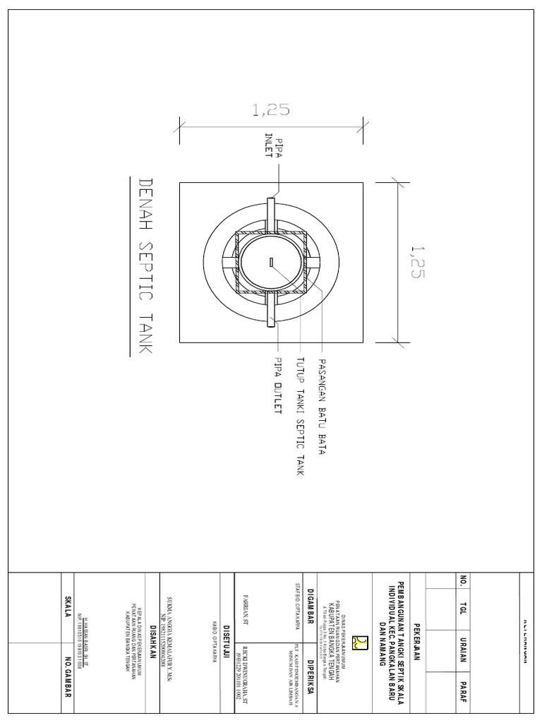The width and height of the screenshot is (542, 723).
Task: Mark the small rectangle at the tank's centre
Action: (271, 263)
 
